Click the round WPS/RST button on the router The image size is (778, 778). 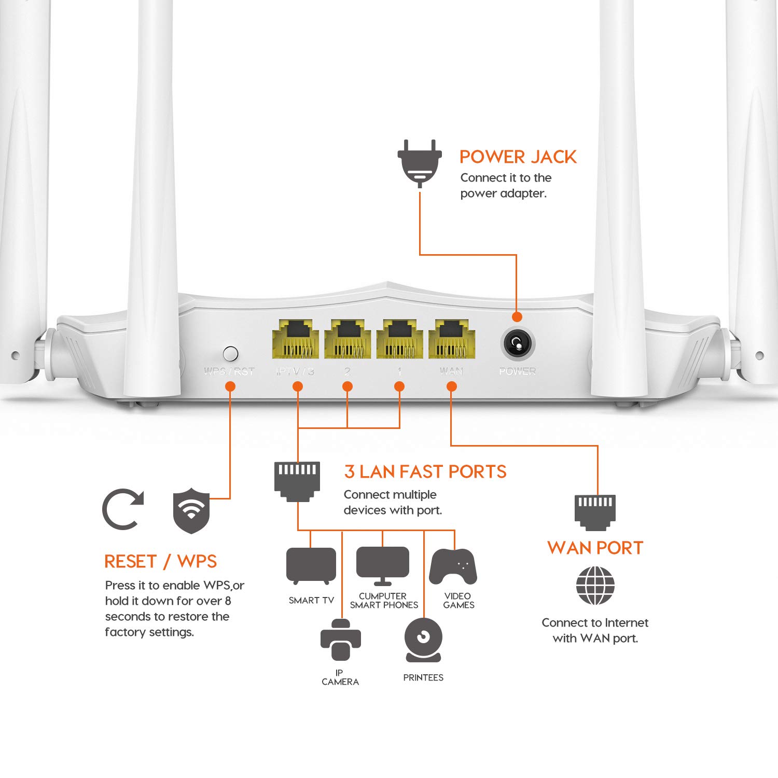click(230, 353)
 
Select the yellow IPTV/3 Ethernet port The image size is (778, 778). click(295, 339)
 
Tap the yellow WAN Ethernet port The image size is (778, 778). click(451, 339)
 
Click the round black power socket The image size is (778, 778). click(517, 343)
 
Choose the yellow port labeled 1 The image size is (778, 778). click(399, 339)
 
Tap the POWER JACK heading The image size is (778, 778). click(518, 157)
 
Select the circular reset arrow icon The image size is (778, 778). click(122, 509)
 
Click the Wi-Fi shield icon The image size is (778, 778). click(191, 510)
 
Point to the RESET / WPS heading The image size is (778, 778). click(160, 561)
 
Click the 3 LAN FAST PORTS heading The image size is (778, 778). click(425, 471)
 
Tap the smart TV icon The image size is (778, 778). click(311, 566)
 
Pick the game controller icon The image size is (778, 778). click(453, 566)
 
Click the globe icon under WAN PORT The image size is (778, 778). click(595, 585)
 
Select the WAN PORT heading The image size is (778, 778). click(595, 548)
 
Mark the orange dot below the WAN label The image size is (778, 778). click(451, 386)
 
